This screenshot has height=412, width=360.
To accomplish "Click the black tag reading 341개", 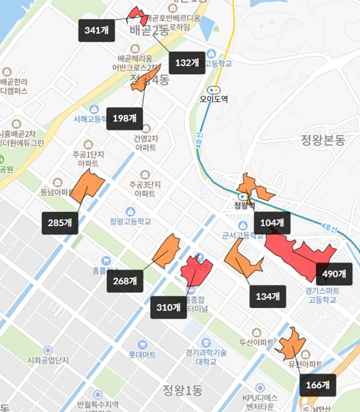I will point(97,30).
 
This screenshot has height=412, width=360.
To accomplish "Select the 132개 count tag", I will point(186,63).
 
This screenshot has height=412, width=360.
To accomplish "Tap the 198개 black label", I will point(124,118).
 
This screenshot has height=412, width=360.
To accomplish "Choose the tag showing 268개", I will point(126,280).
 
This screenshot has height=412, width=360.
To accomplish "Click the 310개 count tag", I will point(168,307).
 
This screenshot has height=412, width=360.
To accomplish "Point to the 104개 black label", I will point(272,223).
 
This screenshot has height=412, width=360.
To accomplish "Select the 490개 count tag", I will point(334,274).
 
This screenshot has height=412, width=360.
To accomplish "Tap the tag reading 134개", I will point(267,295).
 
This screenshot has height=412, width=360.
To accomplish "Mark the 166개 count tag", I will point(317,386).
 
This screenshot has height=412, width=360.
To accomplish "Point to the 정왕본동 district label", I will point(322,140).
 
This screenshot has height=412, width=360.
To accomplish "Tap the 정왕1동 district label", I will point(182,389).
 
